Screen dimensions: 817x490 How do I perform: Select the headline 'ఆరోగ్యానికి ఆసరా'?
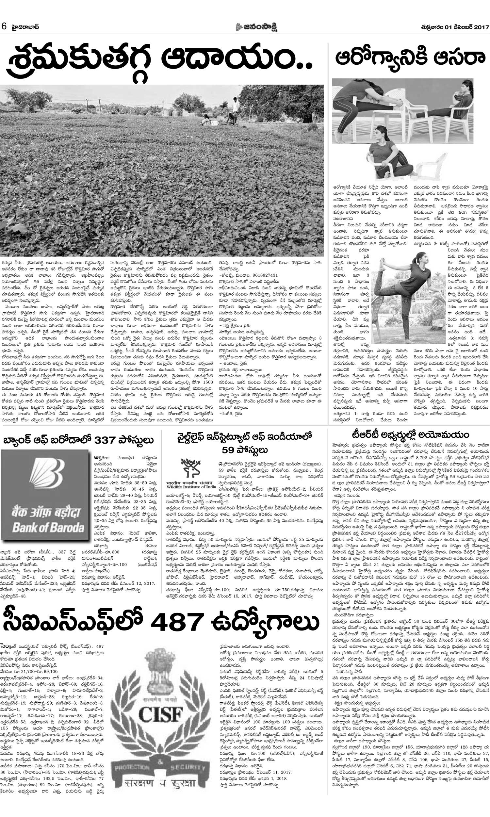pos(410,58)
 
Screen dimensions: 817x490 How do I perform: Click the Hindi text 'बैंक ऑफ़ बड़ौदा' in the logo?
pos(47,512)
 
